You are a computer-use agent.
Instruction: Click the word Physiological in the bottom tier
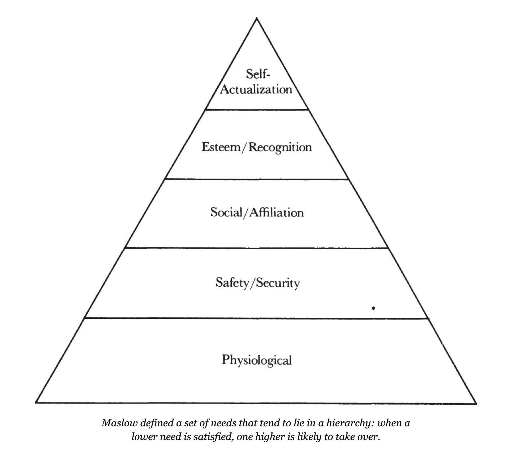pos(257,360)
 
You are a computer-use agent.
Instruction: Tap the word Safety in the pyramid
pos(232,282)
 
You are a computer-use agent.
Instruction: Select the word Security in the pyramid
pos(278,283)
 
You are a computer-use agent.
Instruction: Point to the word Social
pos(226,212)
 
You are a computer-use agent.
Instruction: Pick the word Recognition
pos(280,148)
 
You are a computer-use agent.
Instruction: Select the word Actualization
pos(256,89)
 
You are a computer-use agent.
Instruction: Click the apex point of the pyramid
pos(257,18)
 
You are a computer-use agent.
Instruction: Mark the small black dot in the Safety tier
pos(374,308)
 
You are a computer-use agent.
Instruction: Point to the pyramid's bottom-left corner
pos(36,403)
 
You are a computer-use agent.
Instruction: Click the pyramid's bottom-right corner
pos(477,403)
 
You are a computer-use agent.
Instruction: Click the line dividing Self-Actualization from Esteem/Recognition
pos(257,109)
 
